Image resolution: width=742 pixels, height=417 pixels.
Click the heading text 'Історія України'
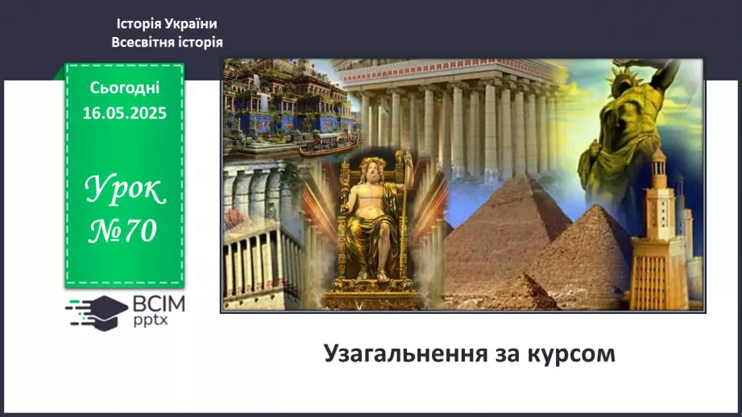(x=166, y=24)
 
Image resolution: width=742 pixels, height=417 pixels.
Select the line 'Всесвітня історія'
(x=166, y=42)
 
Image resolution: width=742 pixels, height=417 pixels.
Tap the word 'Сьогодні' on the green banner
(x=124, y=88)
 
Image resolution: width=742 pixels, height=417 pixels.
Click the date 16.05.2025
(x=124, y=114)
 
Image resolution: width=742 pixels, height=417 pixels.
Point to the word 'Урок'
(x=125, y=192)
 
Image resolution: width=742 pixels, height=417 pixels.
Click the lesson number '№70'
(x=124, y=231)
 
